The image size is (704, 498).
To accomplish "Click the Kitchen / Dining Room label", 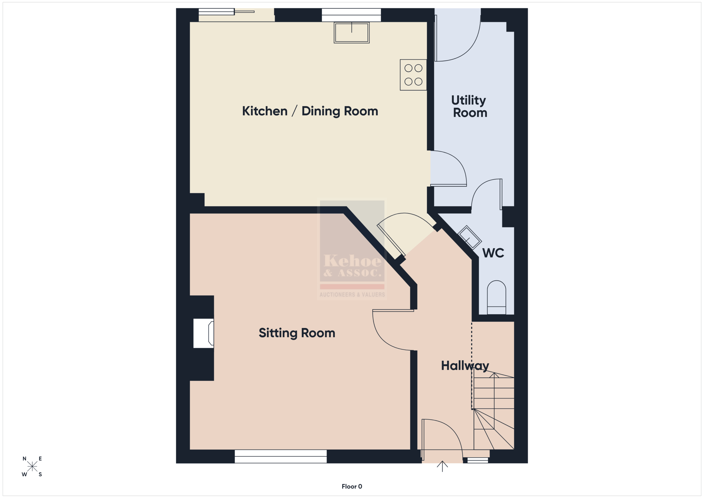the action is pos(310,111).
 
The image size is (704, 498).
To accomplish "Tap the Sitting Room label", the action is pos(297,333).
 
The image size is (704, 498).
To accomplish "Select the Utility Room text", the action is pos(469,106).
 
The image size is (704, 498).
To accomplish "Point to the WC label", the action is pos(493,253).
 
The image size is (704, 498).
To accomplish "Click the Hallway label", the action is pos(465,366).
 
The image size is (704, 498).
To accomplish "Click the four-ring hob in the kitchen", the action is pos(413,75).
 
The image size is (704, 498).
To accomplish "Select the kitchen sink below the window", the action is pos(352,32).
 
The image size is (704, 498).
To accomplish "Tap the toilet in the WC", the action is pos(496,297).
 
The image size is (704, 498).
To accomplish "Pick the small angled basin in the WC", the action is pos(469,237).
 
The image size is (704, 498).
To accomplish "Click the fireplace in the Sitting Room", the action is pos(204,333).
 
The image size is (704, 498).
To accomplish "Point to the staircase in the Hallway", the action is pos(493,411).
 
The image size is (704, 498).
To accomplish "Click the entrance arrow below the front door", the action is pos(442,466).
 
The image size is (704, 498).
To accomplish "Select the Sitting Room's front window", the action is pos(280,456).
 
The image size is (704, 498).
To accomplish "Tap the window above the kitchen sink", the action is pos(351,15).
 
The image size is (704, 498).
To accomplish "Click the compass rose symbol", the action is pos(32,466).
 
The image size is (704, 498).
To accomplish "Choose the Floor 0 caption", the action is pos(352,487).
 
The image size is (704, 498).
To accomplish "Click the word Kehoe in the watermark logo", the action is pos(353,261).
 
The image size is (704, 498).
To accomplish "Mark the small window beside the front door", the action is pos(477,460).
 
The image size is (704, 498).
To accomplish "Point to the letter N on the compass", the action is pos(24,459).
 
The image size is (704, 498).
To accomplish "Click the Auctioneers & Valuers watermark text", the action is pos(352,295).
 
